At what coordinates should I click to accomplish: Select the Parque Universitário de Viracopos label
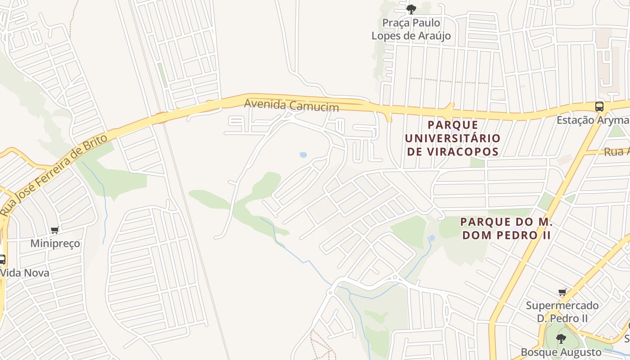tap(452, 138)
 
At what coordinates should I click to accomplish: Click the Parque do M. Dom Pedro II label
tap(506, 228)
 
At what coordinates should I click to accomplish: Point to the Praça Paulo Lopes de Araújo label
tap(411, 29)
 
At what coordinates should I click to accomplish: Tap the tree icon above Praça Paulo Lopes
tap(411, 9)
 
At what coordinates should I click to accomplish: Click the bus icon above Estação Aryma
tap(599, 107)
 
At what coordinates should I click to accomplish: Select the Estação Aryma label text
tap(593, 121)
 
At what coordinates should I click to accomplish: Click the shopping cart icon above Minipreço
tap(55, 230)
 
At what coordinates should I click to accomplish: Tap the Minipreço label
tap(55, 243)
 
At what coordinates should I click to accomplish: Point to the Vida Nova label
tap(25, 273)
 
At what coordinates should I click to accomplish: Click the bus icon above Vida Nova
tap(2, 259)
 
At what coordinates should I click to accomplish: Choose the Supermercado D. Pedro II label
tap(562, 312)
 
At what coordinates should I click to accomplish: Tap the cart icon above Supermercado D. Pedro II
tap(562, 292)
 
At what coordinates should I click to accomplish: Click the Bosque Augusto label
tap(561, 352)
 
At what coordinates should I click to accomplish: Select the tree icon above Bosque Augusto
tap(561, 338)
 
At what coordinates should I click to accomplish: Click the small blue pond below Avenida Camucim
tap(303, 155)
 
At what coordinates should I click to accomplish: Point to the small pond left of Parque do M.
tap(432, 238)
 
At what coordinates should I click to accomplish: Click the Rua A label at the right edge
tap(617, 152)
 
